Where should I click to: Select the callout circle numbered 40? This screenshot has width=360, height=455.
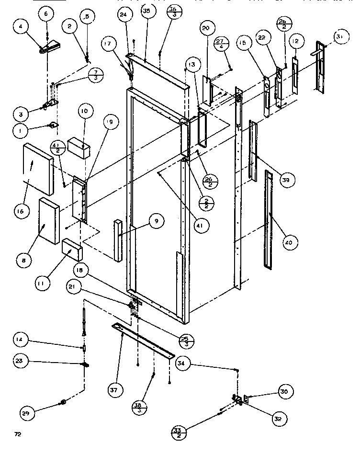(287, 243)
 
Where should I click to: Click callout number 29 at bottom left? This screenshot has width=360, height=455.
(27, 413)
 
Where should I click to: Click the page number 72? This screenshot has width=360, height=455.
(18, 434)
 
